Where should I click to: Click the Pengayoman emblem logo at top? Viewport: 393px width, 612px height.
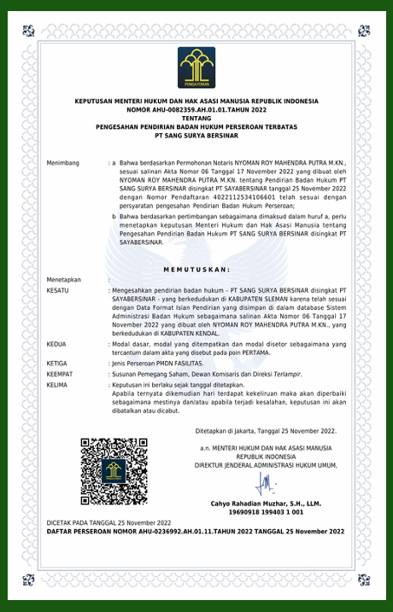196,67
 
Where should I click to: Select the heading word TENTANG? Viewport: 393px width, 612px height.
196,119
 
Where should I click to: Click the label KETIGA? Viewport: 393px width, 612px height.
57,363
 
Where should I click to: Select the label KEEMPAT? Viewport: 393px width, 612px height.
60,374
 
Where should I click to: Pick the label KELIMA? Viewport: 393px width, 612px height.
57,385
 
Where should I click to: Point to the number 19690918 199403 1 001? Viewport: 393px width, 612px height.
266,512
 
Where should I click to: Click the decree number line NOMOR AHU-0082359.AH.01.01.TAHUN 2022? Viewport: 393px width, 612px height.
196,110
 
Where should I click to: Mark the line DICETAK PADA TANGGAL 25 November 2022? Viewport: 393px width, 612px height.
109,522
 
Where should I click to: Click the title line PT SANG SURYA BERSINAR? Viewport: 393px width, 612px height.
196,136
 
